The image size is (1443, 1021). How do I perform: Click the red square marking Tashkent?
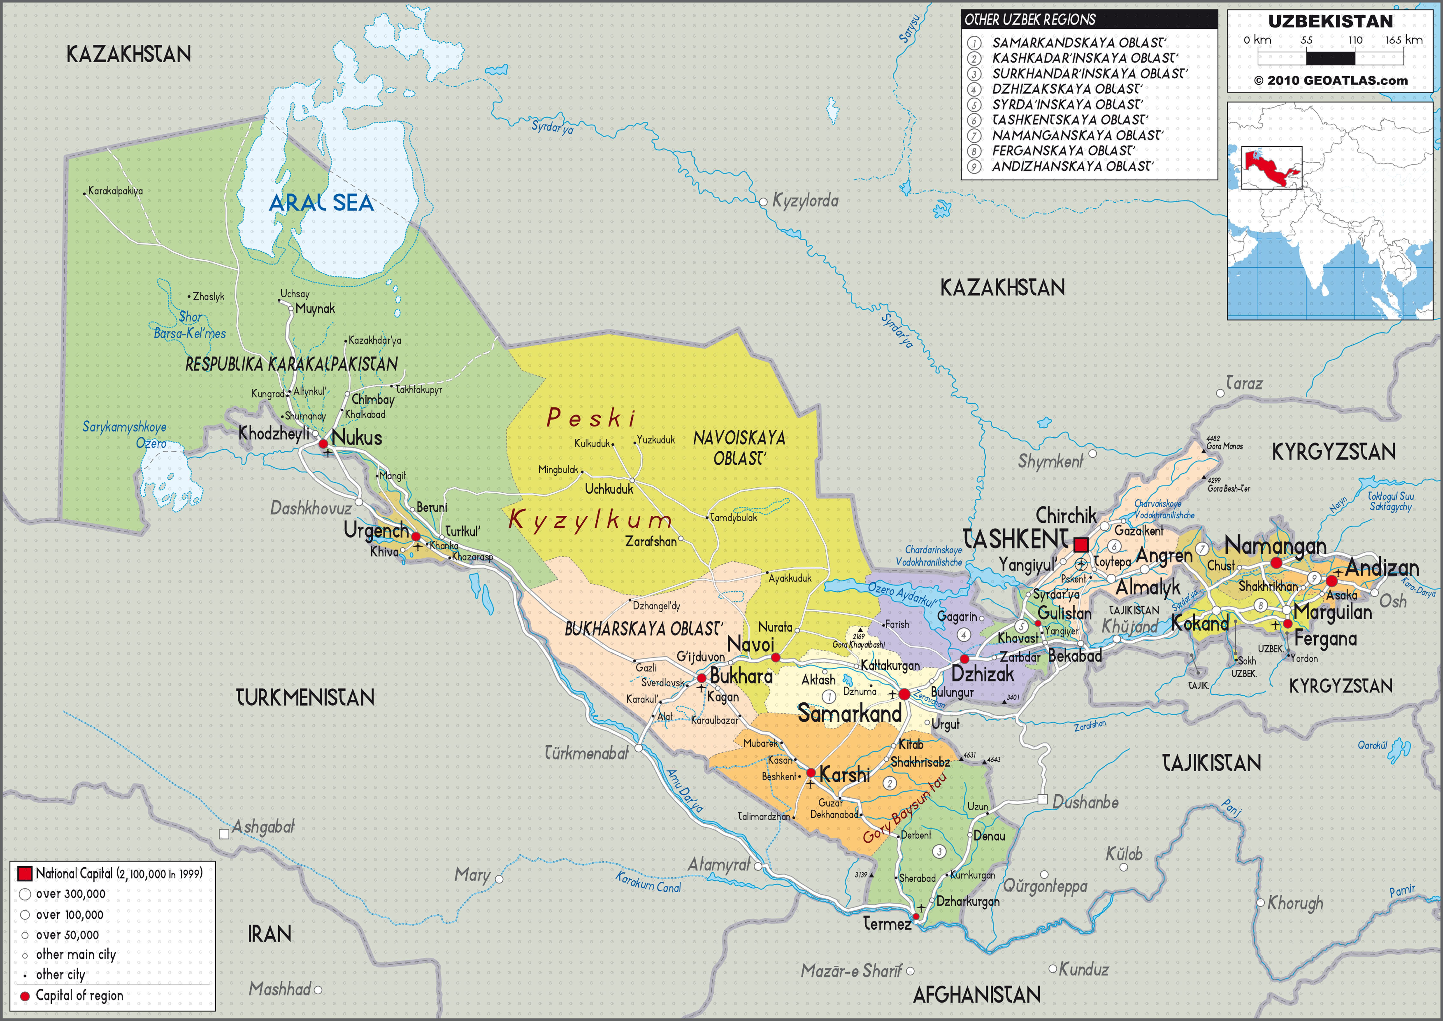click(x=1080, y=544)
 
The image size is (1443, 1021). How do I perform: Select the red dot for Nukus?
click(x=323, y=444)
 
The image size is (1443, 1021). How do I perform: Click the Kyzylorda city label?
click(x=805, y=201)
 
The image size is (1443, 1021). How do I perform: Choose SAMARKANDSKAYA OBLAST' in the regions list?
click(x=1078, y=43)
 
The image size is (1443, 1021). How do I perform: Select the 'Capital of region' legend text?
click(x=79, y=995)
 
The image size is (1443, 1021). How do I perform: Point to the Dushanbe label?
click(x=1085, y=802)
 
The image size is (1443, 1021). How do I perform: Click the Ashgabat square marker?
click(x=224, y=834)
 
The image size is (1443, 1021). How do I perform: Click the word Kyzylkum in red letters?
click(x=589, y=520)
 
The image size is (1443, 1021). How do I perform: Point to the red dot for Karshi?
click(x=811, y=773)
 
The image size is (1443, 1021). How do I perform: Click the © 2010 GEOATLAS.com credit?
click(x=1330, y=80)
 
